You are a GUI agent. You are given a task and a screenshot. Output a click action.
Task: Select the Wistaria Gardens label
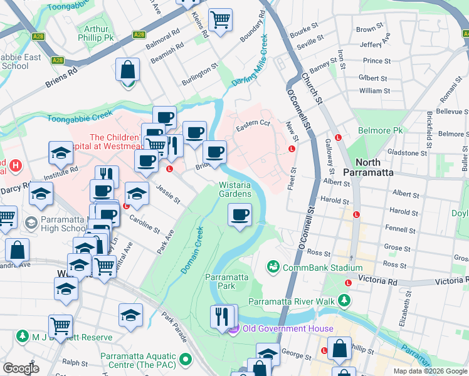pos(235,189)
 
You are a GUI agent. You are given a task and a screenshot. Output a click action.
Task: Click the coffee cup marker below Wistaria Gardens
pos(239,216)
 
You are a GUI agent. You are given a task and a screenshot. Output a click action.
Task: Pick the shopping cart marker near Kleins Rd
pos(220,20)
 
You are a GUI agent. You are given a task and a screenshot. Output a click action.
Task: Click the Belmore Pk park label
pos(379,130)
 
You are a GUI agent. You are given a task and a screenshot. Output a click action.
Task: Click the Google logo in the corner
pos(21,368)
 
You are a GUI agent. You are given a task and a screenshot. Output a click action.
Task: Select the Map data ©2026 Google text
pos(429,371)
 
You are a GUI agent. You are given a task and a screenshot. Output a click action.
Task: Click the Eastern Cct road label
pos(252,126)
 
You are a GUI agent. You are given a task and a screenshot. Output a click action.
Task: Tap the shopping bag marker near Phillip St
pos(339,349)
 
